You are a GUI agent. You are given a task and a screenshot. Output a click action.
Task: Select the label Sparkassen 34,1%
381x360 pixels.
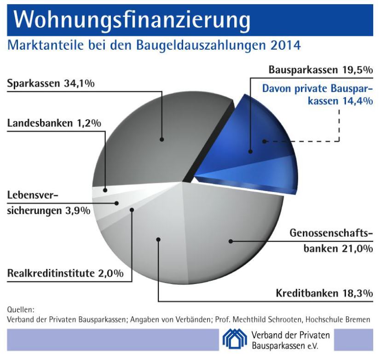click(51, 84)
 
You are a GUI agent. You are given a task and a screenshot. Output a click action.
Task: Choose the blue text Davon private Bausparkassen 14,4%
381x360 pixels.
click(317, 94)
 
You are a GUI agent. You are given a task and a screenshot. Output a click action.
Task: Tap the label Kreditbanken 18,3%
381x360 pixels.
click(324, 293)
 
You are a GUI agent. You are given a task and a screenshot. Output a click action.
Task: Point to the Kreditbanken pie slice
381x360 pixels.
click(152, 249)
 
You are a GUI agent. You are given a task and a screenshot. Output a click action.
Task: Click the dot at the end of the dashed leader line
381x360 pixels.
click(264, 141)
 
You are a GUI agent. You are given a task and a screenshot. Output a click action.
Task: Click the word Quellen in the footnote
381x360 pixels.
click(21, 309)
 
